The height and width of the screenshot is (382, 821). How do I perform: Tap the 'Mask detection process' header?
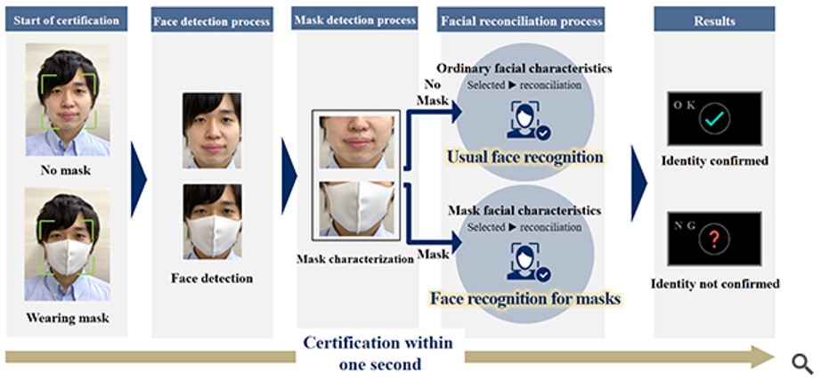coord(354,20)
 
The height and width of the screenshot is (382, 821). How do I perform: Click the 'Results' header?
coord(716,20)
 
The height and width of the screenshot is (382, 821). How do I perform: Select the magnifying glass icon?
coord(802,362)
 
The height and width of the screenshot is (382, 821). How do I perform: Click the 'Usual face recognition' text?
coord(525,158)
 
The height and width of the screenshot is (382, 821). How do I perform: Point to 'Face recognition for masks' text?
coord(525,298)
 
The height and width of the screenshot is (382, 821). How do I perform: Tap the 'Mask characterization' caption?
coord(354,259)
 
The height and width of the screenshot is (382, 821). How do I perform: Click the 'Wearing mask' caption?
coord(69,318)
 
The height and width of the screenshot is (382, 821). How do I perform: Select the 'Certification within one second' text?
coord(378,353)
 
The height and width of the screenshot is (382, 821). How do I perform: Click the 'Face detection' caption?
coord(212,278)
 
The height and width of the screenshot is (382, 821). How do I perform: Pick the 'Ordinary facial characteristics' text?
coord(524,69)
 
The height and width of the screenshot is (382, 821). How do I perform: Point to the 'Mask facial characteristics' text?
coord(524,211)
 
